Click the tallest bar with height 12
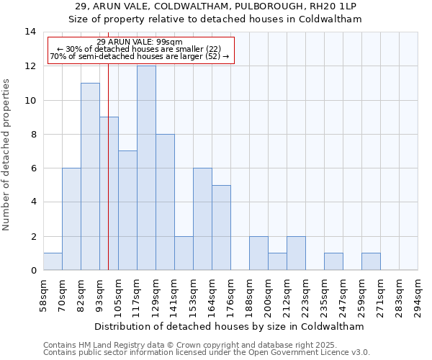pyautogui.click(x=146, y=168)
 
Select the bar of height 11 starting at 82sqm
pyautogui.click(x=90, y=176)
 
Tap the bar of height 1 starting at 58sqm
pyautogui.click(x=53, y=261)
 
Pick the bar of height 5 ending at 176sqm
pyautogui.click(x=221, y=228)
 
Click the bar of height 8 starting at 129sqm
pyautogui.click(x=165, y=202)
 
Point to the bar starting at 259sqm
pyautogui.click(x=371, y=261)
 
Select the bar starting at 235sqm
pyautogui.click(x=333, y=261)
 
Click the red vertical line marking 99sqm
pyautogui.click(x=108, y=180)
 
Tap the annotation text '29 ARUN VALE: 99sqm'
pyautogui.click(x=140, y=42)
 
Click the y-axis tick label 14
pyautogui.click(x=30, y=32)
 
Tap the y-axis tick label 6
pyautogui.click(x=33, y=168)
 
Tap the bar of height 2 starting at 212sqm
pyautogui.click(x=296, y=253)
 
